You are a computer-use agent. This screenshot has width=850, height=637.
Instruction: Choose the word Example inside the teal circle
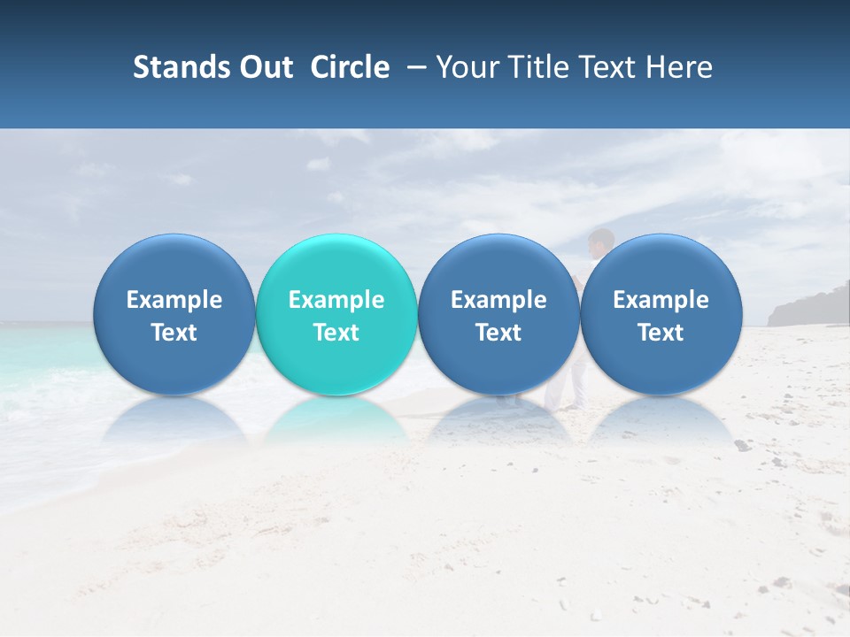pyautogui.click(x=336, y=300)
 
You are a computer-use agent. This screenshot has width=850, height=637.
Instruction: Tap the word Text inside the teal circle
pyautogui.click(x=336, y=333)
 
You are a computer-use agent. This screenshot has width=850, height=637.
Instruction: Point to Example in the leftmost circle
pyautogui.click(x=174, y=300)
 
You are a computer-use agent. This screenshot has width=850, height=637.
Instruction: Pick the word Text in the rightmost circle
pyautogui.click(x=661, y=333)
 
